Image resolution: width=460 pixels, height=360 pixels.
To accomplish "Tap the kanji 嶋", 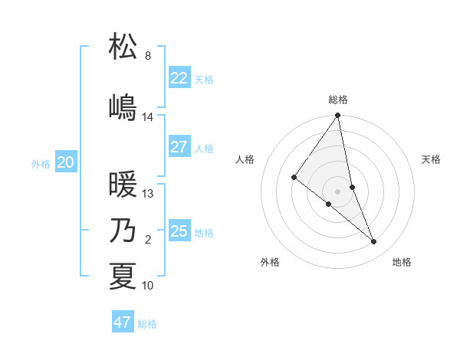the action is [x=123, y=106].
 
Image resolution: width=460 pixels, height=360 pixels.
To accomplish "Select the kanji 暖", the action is [x=123, y=184].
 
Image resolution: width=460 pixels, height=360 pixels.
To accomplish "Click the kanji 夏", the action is [x=123, y=276].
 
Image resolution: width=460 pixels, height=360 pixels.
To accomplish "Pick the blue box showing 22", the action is [x=179, y=78].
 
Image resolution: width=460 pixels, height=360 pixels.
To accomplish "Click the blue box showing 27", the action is [x=179, y=147].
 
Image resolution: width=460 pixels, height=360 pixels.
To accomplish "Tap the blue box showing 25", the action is [x=179, y=231].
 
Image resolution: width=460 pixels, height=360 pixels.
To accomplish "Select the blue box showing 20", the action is [x=66, y=162].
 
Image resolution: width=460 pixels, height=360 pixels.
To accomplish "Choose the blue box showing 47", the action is [x=123, y=322].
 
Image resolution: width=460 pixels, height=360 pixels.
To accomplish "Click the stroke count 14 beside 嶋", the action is [x=148, y=117].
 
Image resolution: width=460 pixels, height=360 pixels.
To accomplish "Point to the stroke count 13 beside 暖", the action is [x=148, y=194].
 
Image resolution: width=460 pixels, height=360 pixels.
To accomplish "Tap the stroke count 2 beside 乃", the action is [x=148, y=240].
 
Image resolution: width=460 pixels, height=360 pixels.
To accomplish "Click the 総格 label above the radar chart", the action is [x=338, y=100].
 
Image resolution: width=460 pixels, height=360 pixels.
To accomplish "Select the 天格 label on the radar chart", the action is [x=431, y=159].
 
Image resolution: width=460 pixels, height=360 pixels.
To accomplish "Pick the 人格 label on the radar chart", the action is [x=245, y=159].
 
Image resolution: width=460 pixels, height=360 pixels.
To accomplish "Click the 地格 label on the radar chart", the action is [x=402, y=262].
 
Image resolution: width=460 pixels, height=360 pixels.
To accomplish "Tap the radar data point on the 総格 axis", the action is [x=338, y=116].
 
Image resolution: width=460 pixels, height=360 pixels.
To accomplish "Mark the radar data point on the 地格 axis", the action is [x=374, y=242].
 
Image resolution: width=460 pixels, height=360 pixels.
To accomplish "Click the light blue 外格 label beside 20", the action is [x=41, y=163].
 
